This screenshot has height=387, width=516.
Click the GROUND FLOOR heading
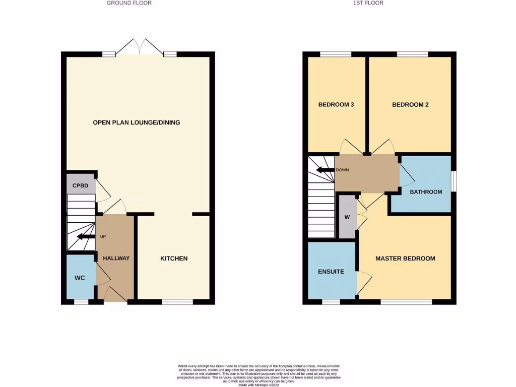click(129, 3)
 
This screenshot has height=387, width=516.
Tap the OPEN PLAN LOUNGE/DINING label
click(136, 122)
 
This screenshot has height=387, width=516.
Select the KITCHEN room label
click(174, 259)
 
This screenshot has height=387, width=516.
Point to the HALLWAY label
click(116, 259)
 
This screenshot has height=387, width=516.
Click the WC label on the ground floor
click(80, 278)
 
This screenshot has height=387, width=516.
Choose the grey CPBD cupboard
click(81, 185)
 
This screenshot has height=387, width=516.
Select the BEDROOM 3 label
click(336, 105)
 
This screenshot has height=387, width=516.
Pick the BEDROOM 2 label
click(410, 105)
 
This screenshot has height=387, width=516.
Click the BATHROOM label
click(426, 192)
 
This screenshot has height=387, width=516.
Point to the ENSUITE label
click(331, 272)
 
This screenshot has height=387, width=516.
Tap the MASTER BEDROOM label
click(405, 259)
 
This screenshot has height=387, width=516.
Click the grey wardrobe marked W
click(347, 217)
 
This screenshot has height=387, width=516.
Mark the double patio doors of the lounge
click(140, 47)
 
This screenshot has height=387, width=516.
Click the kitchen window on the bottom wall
click(177, 302)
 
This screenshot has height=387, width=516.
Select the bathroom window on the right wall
click(454, 181)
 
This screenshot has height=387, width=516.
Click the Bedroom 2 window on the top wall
click(412, 54)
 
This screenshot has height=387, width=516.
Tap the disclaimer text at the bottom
click(259, 374)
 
